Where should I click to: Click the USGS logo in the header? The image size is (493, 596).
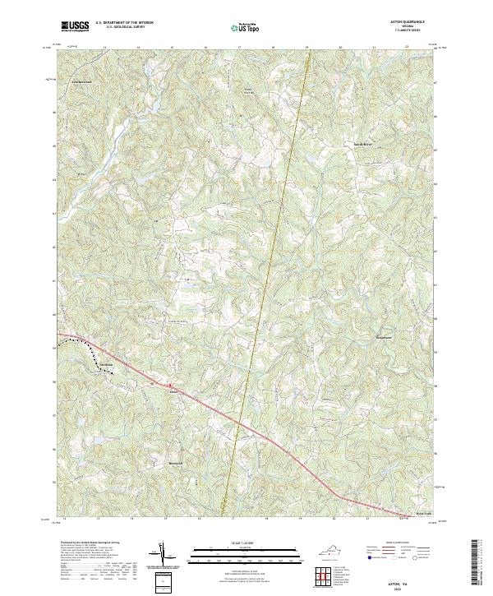click(75, 26)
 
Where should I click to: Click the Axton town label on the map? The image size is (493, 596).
click(173, 391)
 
